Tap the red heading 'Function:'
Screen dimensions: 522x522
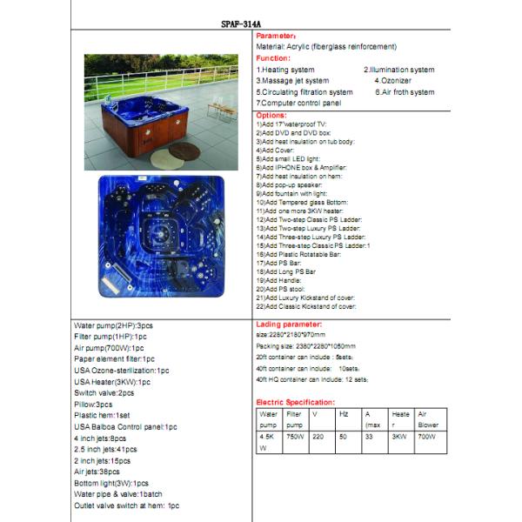273,57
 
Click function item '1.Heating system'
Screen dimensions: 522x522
286,70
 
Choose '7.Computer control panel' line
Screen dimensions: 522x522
298,103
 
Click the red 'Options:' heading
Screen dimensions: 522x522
271,115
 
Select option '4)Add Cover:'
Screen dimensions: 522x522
277,150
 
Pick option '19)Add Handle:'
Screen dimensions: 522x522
279,280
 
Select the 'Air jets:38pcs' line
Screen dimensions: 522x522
97,472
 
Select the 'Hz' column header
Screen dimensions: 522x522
344,414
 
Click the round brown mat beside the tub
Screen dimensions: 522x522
184,151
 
